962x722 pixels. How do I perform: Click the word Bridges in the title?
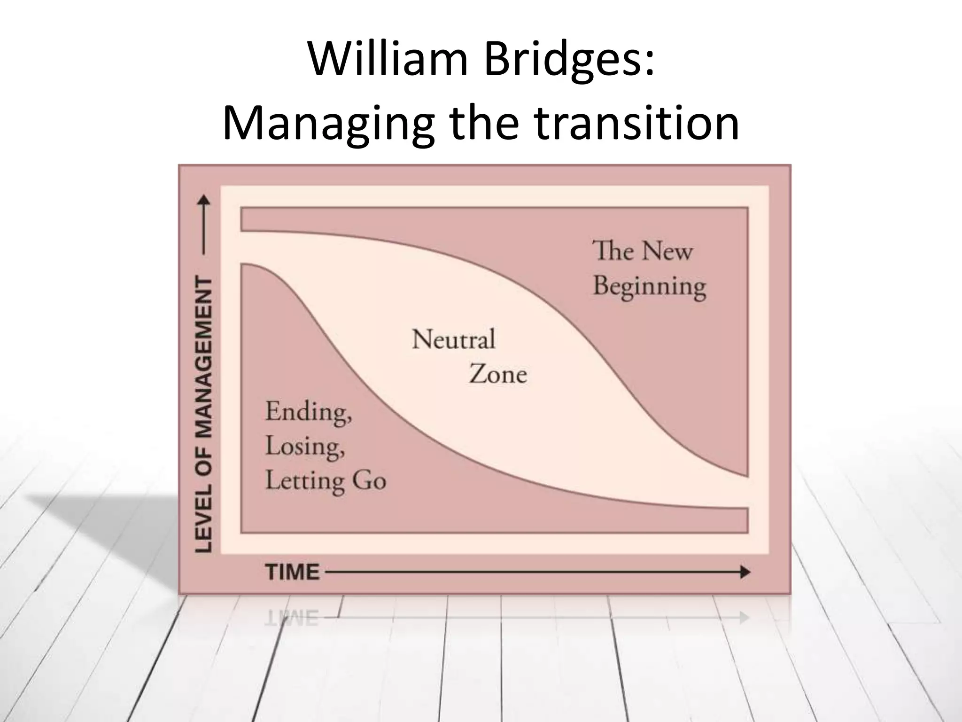(x=569, y=60)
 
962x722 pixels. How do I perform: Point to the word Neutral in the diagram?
(x=453, y=339)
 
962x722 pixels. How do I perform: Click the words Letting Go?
(x=326, y=481)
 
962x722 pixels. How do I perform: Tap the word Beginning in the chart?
(x=650, y=286)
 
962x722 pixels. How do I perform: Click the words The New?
(x=642, y=251)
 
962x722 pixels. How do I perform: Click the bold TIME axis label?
(x=292, y=572)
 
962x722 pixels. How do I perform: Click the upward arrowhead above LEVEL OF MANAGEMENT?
(x=204, y=201)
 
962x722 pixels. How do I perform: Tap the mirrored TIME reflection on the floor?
(x=292, y=618)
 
